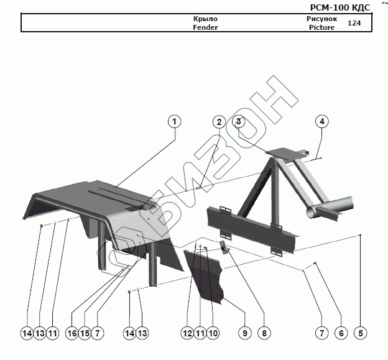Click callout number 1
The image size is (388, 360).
coord(175,121)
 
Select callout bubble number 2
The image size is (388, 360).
coord(218,122)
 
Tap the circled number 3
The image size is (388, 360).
coord(239,121)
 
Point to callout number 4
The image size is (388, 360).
coord(321,121)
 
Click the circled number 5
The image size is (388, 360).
coord(360,333)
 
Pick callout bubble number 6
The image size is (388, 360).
coord(341,333)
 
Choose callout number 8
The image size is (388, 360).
coord(264,333)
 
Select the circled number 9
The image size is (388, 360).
coord(245,333)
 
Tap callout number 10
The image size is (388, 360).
coord(213,333)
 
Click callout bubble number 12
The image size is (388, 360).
coord(187,333)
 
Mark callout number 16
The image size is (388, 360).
coord(72,333)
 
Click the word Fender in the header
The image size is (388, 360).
coord(205,27)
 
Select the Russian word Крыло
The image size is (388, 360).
coord(205,19)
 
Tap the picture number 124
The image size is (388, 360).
coord(354,23)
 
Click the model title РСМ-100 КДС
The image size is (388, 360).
coord(339,7)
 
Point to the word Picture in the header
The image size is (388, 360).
coord(321,27)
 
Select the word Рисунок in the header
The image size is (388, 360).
coord(321,19)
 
